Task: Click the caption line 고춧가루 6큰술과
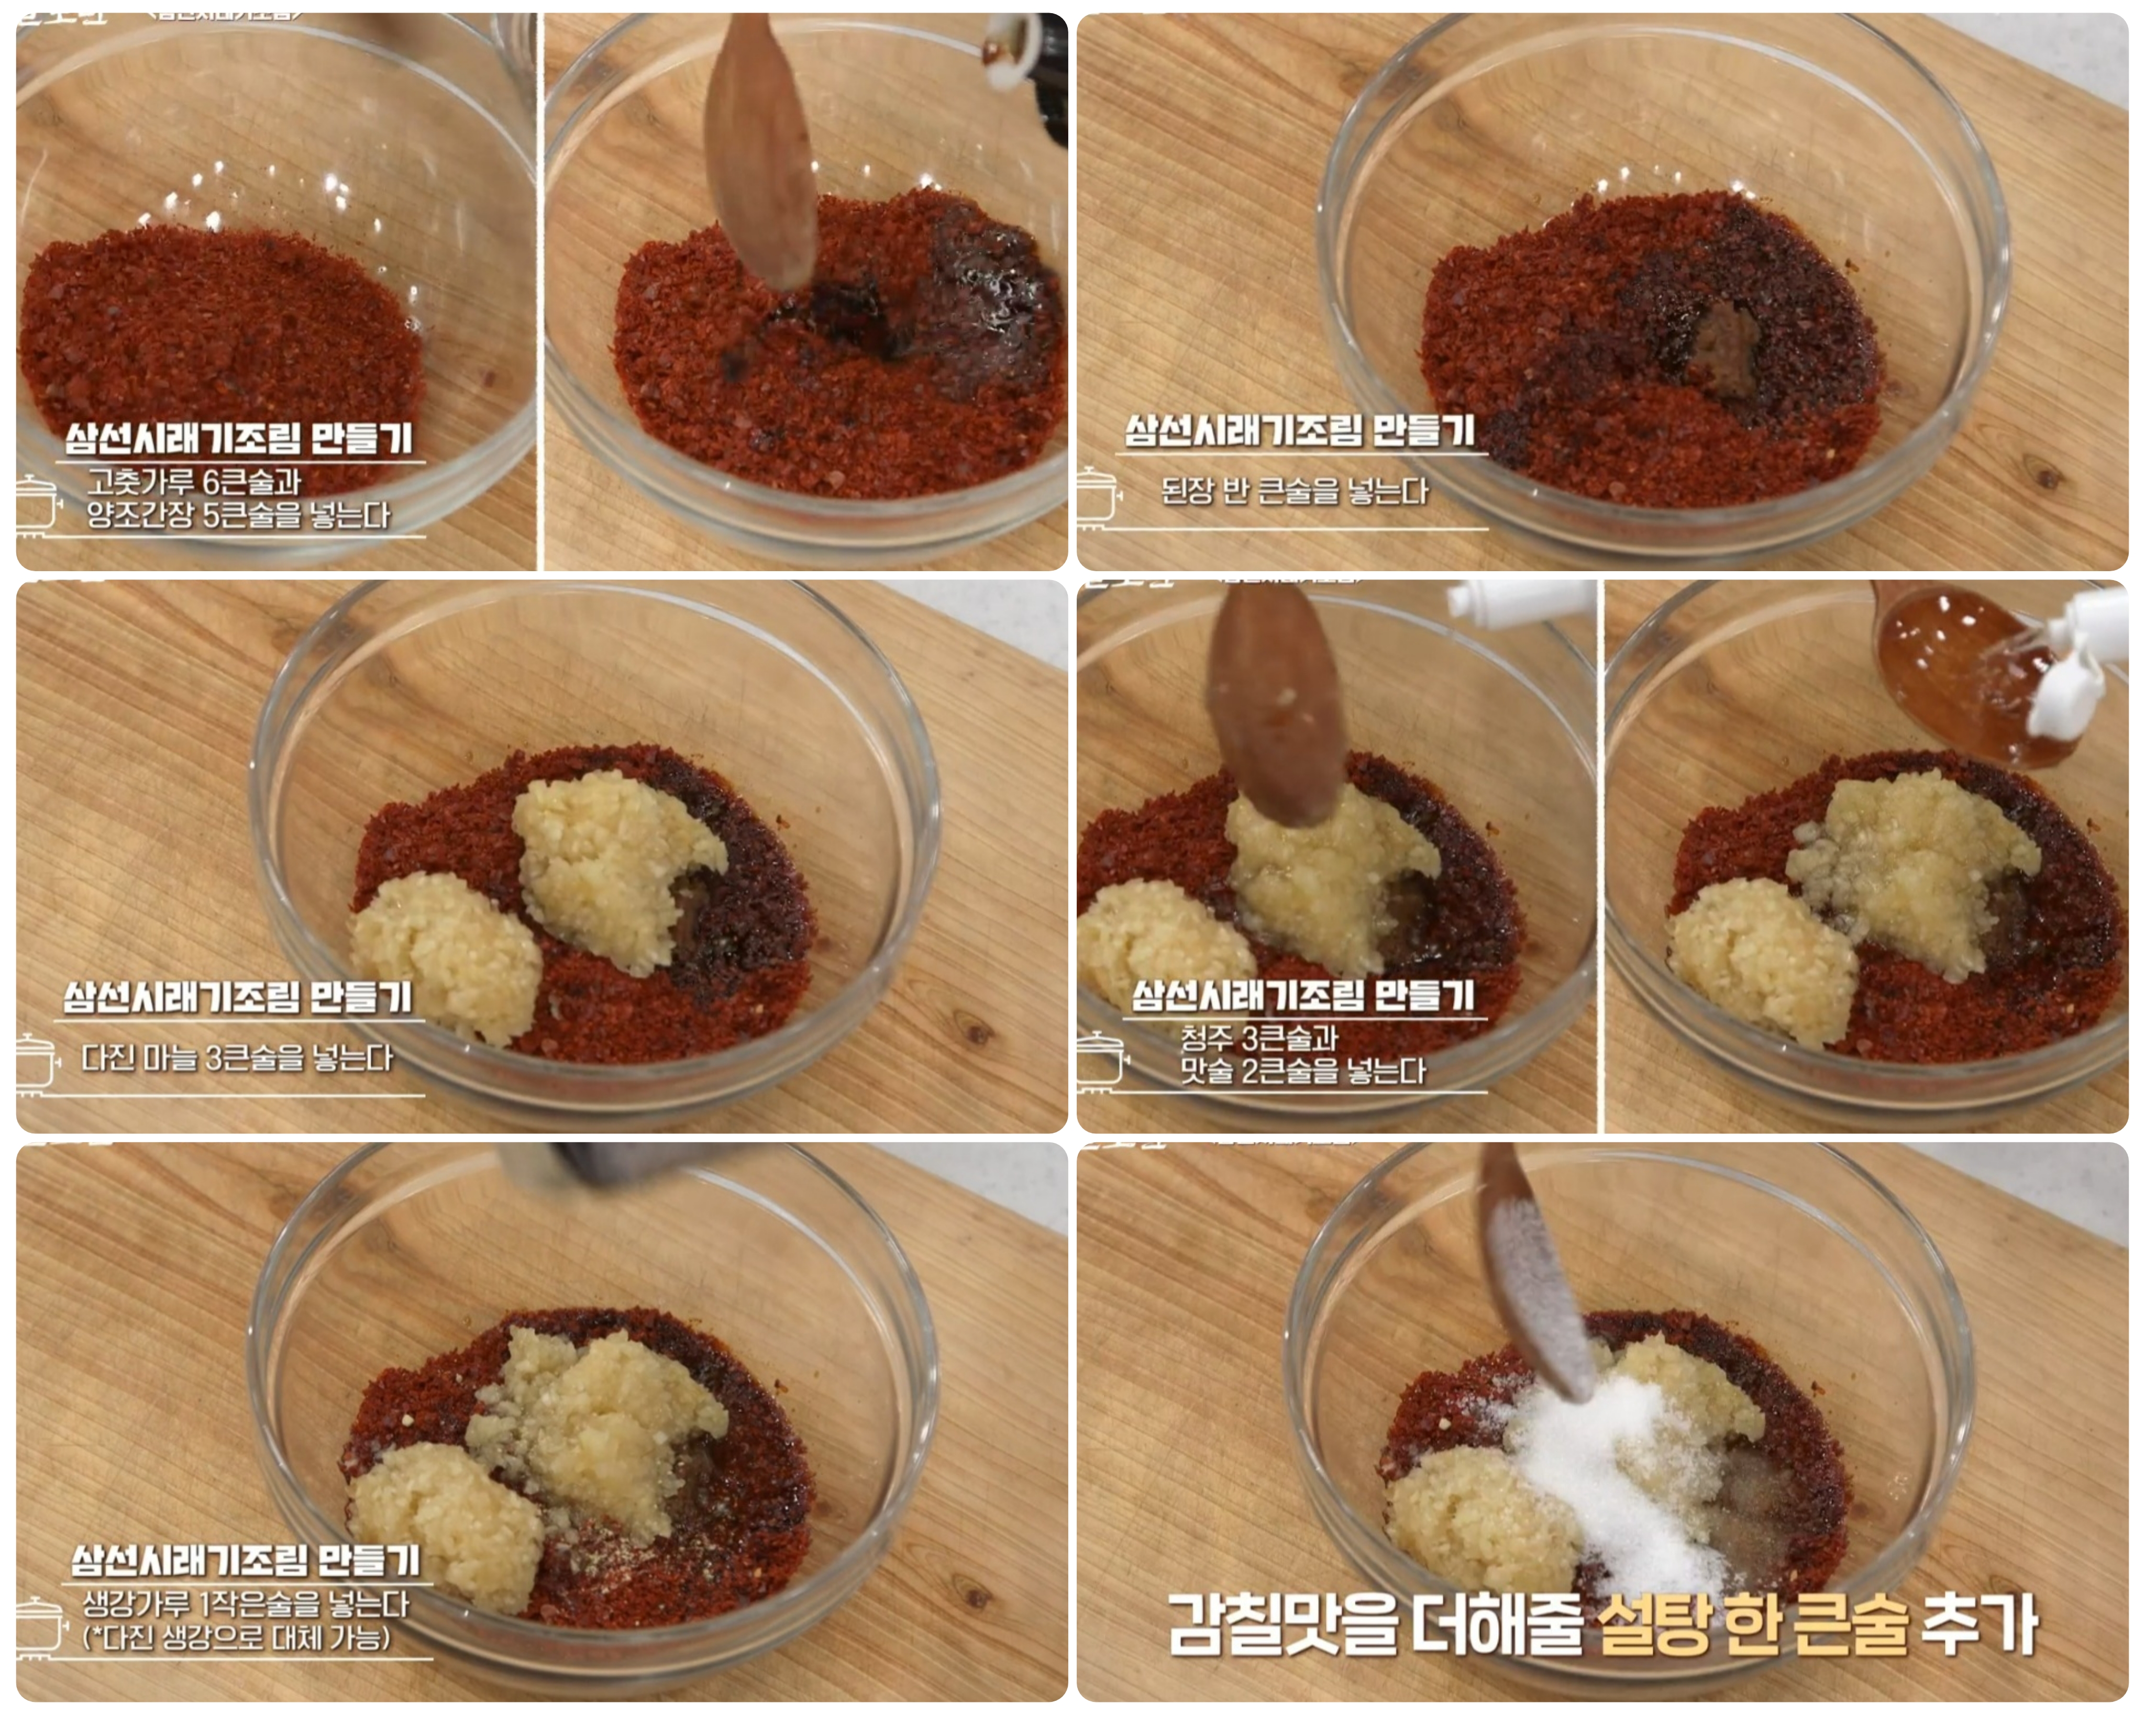[x=194, y=483]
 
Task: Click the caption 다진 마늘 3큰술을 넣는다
[x=237, y=1057]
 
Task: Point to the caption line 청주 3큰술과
[x=1258, y=1039]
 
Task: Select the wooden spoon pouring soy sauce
[x=761, y=149]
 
